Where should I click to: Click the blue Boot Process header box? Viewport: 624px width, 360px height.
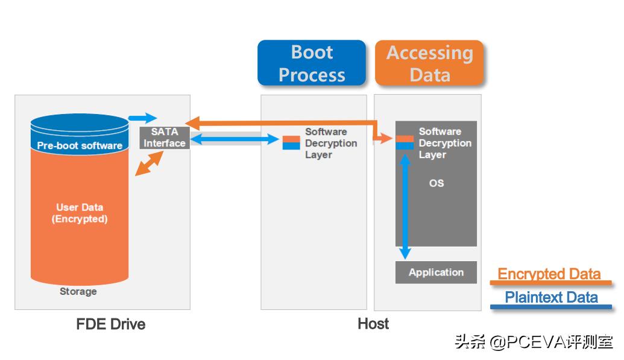[312, 63]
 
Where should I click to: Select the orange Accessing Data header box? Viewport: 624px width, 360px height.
[429, 63]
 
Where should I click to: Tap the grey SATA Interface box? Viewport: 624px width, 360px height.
[165, 137]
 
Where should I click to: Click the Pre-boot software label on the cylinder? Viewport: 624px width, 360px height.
[80, 145]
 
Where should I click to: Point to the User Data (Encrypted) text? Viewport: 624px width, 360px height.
[80, 213]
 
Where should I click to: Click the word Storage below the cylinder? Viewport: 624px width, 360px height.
[78, 291]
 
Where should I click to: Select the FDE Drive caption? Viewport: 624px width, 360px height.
[111, 324]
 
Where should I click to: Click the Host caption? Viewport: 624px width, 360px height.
[373, 324]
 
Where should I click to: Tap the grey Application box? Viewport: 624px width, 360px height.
[436, 272]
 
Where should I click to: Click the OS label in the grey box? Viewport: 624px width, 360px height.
[436, 183]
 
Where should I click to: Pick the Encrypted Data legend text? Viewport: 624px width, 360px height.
[549, 274]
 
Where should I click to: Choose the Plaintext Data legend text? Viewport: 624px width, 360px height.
[551, 297]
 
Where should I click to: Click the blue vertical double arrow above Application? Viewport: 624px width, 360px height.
[405, 205]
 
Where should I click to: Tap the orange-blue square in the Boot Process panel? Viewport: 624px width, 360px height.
[291, 142]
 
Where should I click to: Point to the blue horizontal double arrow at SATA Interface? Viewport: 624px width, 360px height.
[235, 139]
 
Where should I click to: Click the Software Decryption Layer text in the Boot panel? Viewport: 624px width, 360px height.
[330, 143]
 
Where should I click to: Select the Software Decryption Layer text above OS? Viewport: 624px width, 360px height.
[444, 143]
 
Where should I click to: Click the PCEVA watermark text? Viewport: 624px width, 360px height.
[533, 342]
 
